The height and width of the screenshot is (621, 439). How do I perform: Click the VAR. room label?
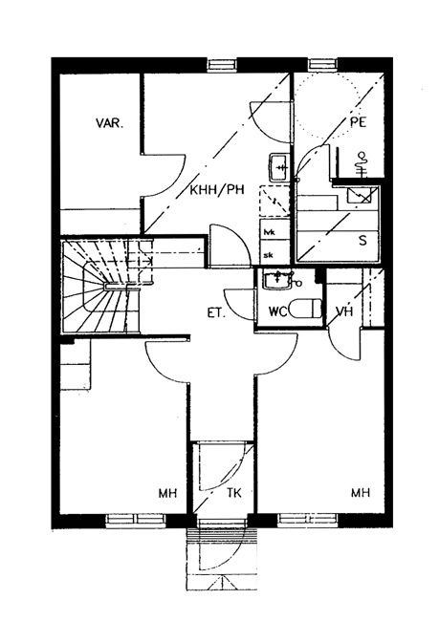click(x=109, y=123)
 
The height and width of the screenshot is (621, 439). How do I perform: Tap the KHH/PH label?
click(x=217, y=190)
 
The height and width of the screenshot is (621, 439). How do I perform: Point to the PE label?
click(x=358, y=122)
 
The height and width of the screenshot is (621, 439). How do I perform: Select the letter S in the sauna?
click(x=362, y=241)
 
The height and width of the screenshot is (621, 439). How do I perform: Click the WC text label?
click(x=277, y=311)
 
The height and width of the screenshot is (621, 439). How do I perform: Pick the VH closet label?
click(x=343, y=311)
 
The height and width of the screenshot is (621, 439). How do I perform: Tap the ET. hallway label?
click(x=216, y=313)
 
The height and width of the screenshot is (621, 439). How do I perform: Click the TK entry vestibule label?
click(x=234, y=493)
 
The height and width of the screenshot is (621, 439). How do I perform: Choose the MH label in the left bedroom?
click(x=167, y=493)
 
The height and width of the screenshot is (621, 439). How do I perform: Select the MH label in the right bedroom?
click(x=361, y=492)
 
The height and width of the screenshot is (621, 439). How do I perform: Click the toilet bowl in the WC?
click(x=305, y=309)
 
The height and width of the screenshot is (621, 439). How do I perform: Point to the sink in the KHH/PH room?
click(x=279, y=167)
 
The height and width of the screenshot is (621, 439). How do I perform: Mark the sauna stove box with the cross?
click(x=359, y=195)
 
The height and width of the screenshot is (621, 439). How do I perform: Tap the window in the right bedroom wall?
click(x=307, y=519)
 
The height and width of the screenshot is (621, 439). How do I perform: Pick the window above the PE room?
click(x=323, y=65)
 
